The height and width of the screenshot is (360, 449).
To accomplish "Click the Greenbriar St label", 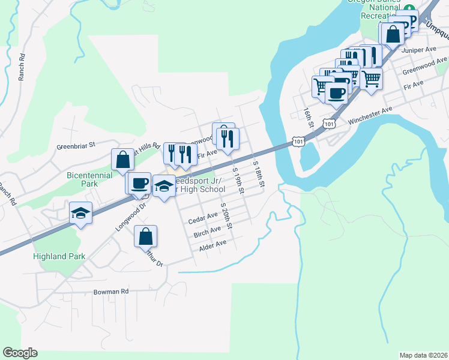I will pos(76,145).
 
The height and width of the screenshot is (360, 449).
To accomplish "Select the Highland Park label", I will pos(59,256).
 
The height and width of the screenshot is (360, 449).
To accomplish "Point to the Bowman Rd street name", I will pos(111,292).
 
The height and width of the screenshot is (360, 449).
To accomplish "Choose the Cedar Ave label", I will pos(203,218).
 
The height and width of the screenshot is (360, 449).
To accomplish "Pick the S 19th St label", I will pos(238,179).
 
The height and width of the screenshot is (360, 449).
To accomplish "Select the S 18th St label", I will pos(258,174).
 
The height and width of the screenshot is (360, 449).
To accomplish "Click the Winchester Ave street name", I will pos(370,113).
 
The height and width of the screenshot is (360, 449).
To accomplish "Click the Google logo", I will pos(20,353).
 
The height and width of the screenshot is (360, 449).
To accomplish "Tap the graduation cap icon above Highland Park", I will pos(80,213).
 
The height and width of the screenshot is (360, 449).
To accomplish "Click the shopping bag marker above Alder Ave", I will pos(145,236).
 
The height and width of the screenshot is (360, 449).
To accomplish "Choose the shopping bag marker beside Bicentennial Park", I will pos(122,160).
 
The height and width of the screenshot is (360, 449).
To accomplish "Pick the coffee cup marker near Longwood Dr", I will pos(139,182).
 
